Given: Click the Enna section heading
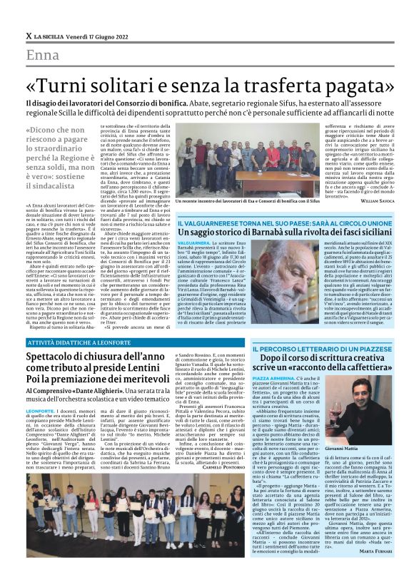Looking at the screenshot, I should coord(42,56).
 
